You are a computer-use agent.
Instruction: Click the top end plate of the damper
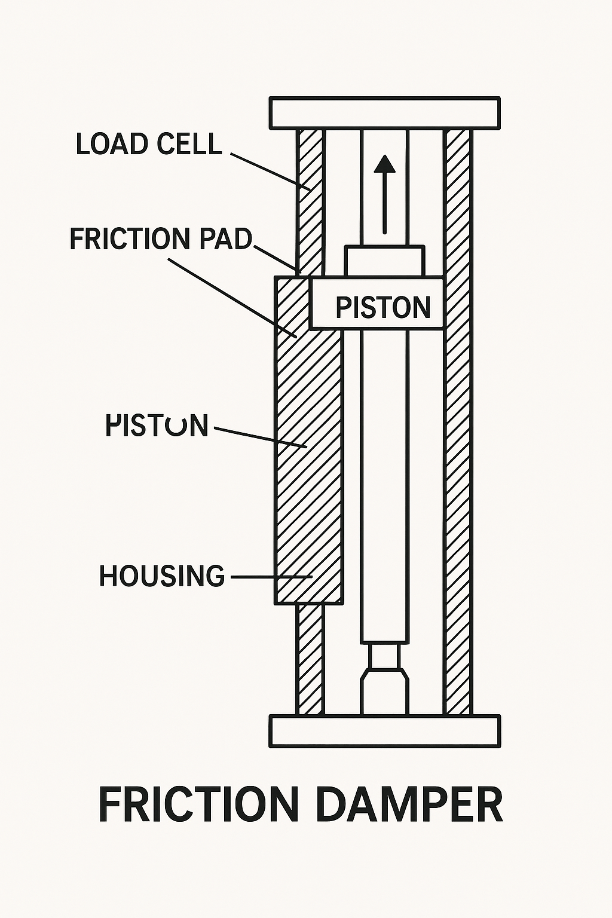[x=384, y=113]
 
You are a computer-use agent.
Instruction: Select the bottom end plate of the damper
[x=384, y=731]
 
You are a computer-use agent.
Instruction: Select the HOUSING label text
[x=161, y=576]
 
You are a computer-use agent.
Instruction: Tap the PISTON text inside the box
[x=382, y=308]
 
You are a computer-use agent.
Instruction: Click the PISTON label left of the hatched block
[x=157, y=426]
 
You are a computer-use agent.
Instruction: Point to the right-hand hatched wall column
[x=458, y=418]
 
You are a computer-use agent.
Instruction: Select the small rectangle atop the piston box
[x=384, y=261]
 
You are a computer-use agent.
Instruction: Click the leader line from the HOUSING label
[x=269, y=577]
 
